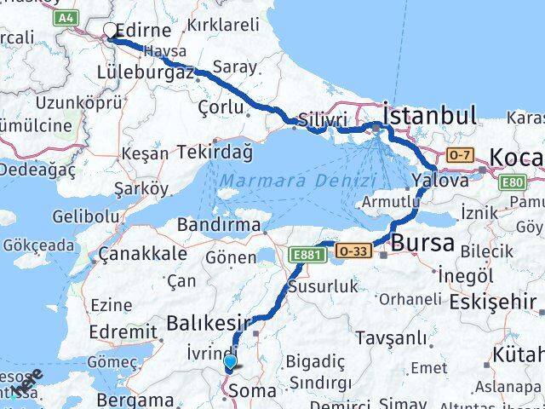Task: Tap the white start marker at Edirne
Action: coord(111,32)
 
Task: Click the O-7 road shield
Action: coord(460,155)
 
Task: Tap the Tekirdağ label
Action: coord(215,153)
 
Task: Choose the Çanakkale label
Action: coord(141,254)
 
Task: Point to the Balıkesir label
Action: coord(209,323)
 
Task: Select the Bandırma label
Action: coord(218,226)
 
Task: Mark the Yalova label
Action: coord(439,181)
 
